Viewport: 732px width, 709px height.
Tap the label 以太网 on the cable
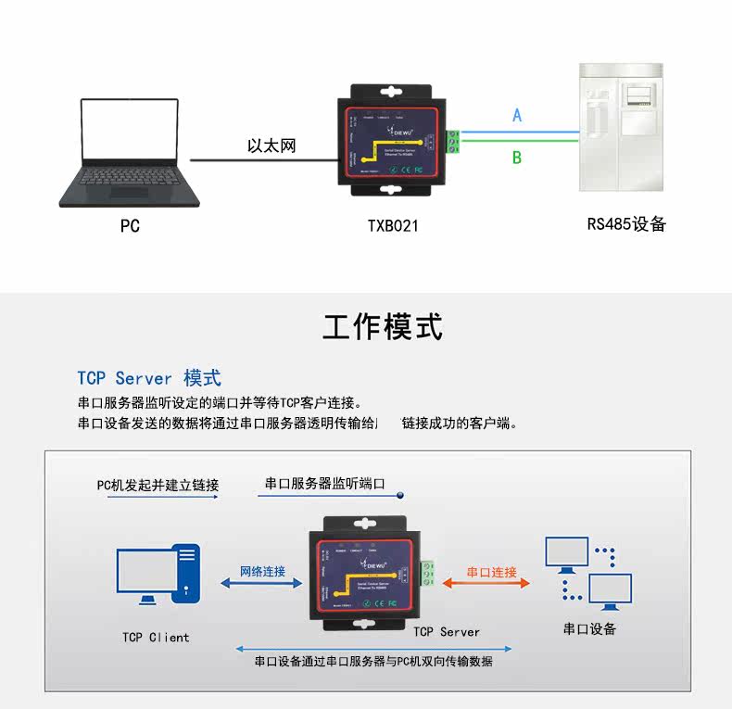(271, 146)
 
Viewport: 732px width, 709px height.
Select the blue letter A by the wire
(517, 116)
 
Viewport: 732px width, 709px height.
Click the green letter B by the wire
(517, 158)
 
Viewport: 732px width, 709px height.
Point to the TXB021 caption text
(393, 225)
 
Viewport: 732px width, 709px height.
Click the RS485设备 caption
(626, 223)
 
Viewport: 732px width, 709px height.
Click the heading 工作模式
(383, 326)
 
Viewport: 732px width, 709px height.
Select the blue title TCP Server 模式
(149, 378)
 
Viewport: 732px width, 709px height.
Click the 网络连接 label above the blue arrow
(262, 571)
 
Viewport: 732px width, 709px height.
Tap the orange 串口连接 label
(491, 572)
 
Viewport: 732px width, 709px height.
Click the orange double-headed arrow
(487, 584)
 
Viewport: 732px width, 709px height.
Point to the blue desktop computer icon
(158, 574)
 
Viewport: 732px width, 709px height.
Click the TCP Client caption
(156, 637)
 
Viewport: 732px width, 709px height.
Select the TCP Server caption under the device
(447, 631)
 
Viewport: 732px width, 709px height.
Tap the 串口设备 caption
(589, 628)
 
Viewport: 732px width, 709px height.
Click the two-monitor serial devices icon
(587, 574)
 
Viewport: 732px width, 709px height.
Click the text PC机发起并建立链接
(158, 485)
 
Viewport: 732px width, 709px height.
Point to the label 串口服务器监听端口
(324, 483)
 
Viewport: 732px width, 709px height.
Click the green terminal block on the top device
(454, 142)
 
